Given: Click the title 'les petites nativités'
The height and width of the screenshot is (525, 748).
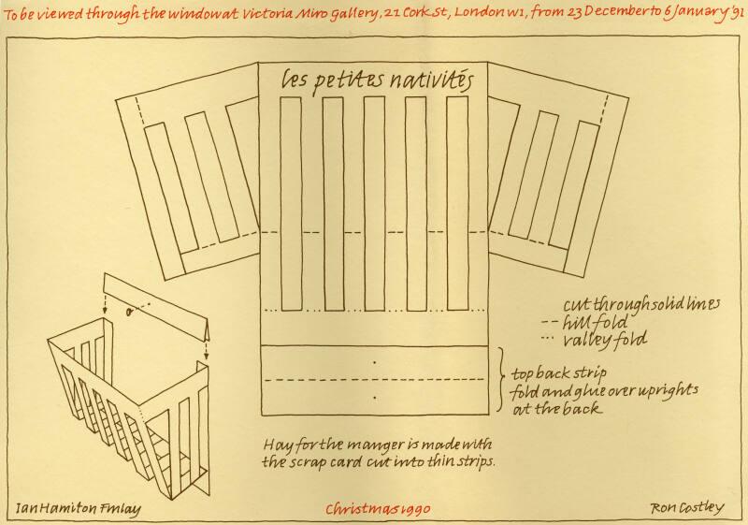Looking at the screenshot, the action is coord(377,81).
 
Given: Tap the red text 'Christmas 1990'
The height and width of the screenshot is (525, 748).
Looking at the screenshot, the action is coord(378,509).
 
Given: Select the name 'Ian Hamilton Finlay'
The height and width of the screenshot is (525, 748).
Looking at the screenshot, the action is coord(79,508).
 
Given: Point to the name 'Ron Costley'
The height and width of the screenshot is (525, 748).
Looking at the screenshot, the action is coord(687,508).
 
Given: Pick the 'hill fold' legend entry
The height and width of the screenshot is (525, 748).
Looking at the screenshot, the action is coord(585,323).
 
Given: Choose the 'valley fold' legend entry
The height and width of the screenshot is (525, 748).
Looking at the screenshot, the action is coord(595,340).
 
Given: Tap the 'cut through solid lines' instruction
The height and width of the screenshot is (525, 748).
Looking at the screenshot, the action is coord(641,304).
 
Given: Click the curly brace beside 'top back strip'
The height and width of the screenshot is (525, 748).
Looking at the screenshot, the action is coord(501,379).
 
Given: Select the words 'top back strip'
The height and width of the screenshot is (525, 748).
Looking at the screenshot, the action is coord(558,373).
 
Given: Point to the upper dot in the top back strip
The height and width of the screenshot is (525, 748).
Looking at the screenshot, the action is coord(375,363).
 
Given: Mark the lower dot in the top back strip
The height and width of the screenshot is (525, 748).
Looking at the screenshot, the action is coord(375,397).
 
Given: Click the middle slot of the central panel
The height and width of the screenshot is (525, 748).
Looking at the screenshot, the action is coord(375,203).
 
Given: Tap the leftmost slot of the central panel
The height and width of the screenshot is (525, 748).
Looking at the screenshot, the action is coord(291,204).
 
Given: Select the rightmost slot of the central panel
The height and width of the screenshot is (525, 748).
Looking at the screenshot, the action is coord(457,203).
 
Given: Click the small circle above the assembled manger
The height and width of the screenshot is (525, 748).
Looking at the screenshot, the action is coord(129,313).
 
